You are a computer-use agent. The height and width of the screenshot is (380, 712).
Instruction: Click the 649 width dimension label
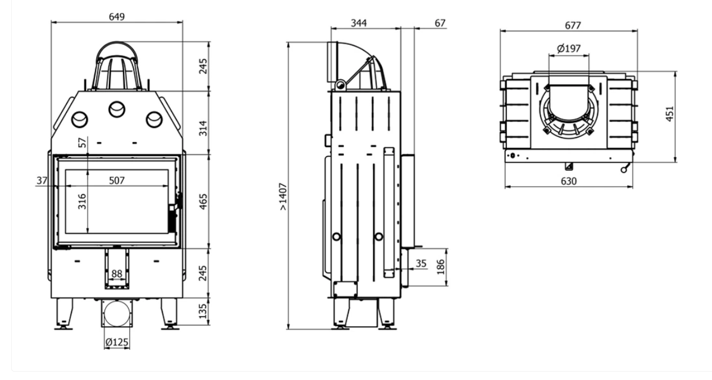(117, 16)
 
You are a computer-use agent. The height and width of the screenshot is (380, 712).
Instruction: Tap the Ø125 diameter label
(117, 342)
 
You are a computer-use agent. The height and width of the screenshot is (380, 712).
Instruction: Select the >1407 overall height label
(283, 196)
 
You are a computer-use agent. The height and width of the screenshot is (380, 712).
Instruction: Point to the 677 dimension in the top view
(573, 25)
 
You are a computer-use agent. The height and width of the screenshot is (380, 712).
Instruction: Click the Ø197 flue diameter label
(569, 49)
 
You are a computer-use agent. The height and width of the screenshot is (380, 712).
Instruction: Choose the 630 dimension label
(569, 181)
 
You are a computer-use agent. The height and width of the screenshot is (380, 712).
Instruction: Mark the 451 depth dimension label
(669, 113)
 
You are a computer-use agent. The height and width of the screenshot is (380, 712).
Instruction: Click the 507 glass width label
(117, 180)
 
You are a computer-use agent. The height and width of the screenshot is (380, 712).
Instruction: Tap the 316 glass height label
(82, 202)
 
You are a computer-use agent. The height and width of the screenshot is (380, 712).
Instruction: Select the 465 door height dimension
(203, 202)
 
